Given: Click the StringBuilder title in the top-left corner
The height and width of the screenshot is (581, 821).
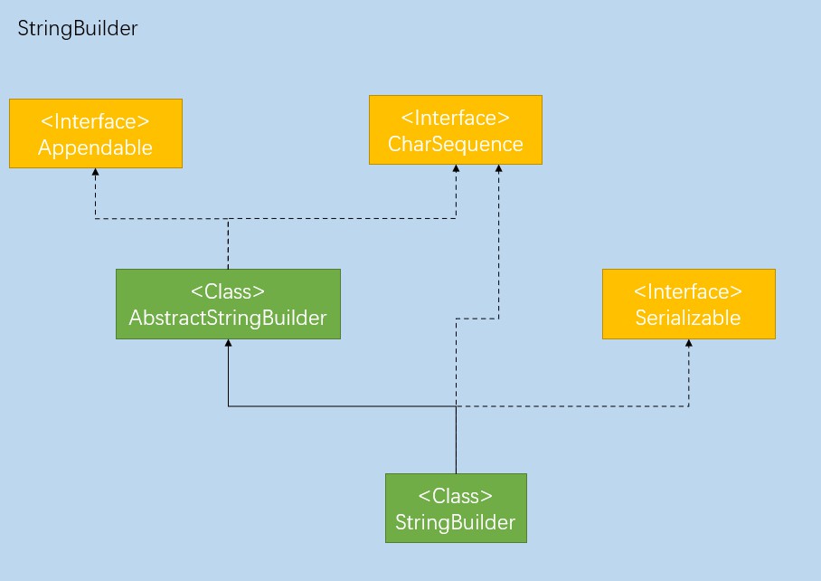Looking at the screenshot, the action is coord(78,29).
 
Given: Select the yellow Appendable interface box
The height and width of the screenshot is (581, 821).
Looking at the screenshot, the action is coord(96,134).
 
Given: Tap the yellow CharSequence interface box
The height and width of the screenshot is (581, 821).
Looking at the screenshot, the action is coord(456,130).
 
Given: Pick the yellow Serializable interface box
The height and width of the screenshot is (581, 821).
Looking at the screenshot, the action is coord(688,304).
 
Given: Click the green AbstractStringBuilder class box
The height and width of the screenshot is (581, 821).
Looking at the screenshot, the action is coord(228,304).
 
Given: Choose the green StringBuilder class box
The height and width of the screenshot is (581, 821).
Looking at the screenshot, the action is coord(456,509).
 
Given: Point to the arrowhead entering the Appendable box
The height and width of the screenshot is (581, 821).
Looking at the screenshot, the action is coord(95,172).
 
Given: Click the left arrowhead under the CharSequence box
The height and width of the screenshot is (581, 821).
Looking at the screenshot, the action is coord(456,168).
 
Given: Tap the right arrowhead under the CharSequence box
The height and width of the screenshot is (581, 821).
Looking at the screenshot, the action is coord(498,168).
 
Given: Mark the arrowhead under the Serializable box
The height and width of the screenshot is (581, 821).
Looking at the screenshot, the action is coord(688,343).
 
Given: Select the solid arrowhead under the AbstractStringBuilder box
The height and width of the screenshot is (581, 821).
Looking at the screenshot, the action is coord(228,343).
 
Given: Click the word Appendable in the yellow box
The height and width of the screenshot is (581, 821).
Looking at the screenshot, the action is coord(95,148).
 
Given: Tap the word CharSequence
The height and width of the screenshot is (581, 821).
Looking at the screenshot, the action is coord(456,144).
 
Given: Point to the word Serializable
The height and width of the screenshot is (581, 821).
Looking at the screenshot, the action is coord(688,318).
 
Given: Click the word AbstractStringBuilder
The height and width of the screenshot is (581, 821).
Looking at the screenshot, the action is coord(228,318).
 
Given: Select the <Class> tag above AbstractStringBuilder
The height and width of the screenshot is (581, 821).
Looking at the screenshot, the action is coord(228,291).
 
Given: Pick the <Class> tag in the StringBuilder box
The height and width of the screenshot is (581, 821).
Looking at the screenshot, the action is coord(456,496).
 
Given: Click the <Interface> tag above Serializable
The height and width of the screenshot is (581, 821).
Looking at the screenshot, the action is coord(688,291).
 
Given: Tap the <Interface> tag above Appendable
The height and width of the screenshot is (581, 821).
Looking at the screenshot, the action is coord(95,121).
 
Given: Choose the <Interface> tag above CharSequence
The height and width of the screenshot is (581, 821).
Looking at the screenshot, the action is coord(456,118).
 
